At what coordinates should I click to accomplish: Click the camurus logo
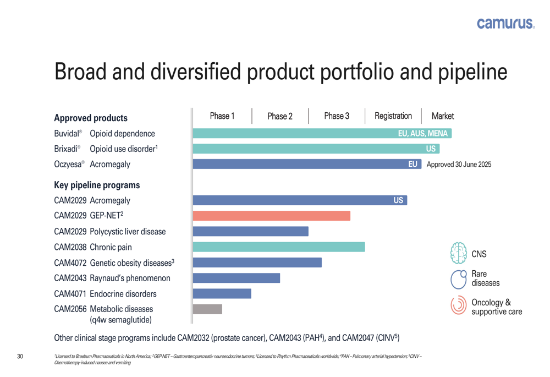(x=505, y=23)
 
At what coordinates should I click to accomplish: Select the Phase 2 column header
(x=280, y=116)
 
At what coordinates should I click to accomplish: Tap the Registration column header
(x=393, y=116)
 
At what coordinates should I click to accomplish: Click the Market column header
(x=443, y=116)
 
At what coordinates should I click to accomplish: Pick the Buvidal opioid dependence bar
(x=291, y=134)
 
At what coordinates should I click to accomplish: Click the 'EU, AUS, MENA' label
(x=422, y=134)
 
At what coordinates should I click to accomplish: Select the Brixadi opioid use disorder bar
(x=308, y=149)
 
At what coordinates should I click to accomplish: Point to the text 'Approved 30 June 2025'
(x=459, y=165)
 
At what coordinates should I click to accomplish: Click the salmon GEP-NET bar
(x=272, y=216)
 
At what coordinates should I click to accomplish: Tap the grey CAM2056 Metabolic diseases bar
(x=208, y=309)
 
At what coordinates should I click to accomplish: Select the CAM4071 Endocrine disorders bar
(x=222, y=293)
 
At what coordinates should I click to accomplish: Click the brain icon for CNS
(x=458, y=254)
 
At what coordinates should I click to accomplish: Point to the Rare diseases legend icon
(x=458, y=279)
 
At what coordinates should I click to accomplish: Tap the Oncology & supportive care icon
(x=458, y=305)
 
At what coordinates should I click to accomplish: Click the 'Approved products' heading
(x=90, y=118)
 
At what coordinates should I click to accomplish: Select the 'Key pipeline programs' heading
(x=97, y=185)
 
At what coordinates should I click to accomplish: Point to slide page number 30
(x=20, y=357)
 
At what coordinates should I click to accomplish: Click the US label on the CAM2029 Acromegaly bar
(x=399, y=201)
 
